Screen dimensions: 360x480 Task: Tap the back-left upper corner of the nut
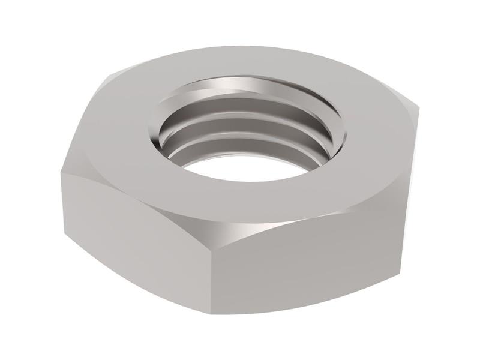(108, 78)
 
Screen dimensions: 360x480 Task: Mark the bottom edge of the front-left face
(138, 282)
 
